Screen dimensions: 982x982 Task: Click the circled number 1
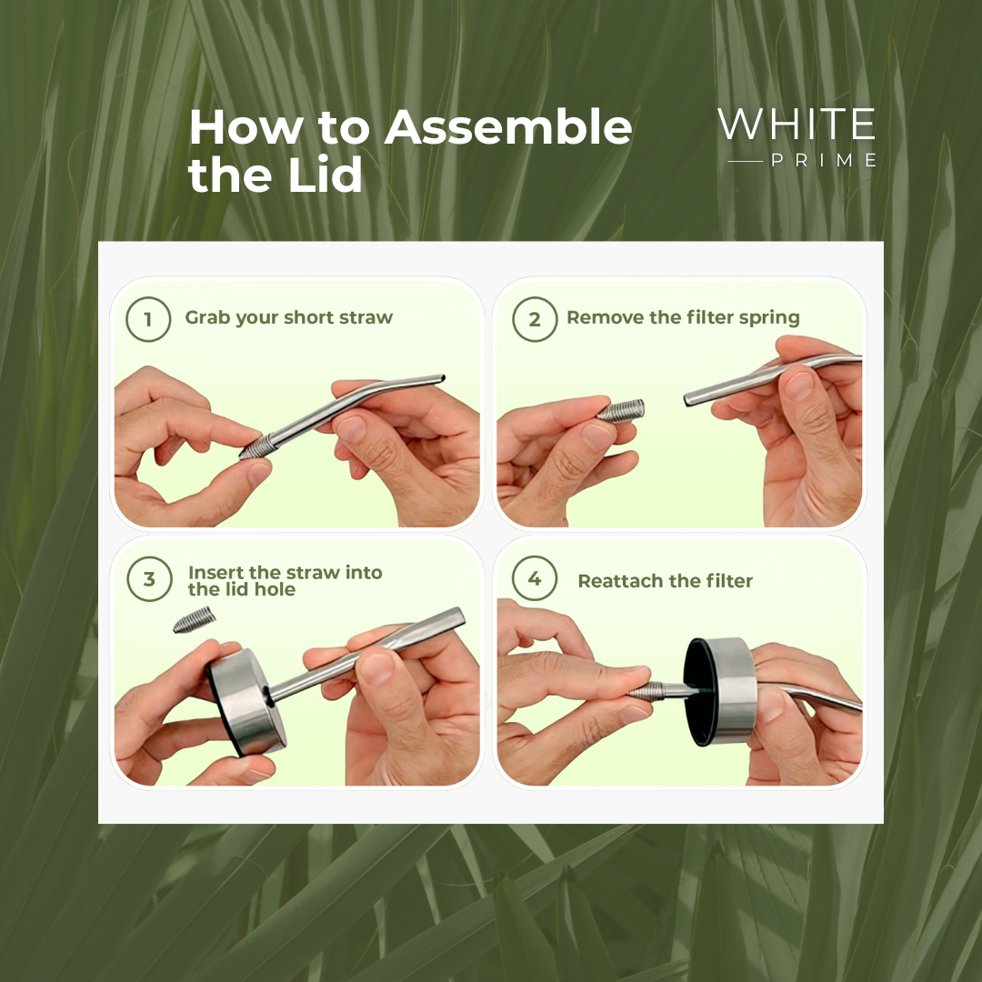coord(148,319)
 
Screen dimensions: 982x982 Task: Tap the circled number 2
coord(535,319)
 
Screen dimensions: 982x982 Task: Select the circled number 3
coord(149,579)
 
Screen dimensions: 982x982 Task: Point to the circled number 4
coord(535,578)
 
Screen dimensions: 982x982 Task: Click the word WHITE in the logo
coord(797,124)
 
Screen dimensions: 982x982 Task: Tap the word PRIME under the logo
coord(824,160)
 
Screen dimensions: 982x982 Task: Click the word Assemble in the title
coord(508,127)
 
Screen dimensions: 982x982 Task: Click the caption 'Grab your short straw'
coord(289,317)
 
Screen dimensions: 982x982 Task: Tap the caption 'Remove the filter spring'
coord(683,317)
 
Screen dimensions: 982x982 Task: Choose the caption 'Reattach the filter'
coord(665,581)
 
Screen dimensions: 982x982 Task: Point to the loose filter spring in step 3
coord(195,620)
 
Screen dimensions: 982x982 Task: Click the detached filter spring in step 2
coord(620,411)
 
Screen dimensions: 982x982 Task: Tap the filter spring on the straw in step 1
coord(258,447)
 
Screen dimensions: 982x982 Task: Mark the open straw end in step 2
coord(688,399)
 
